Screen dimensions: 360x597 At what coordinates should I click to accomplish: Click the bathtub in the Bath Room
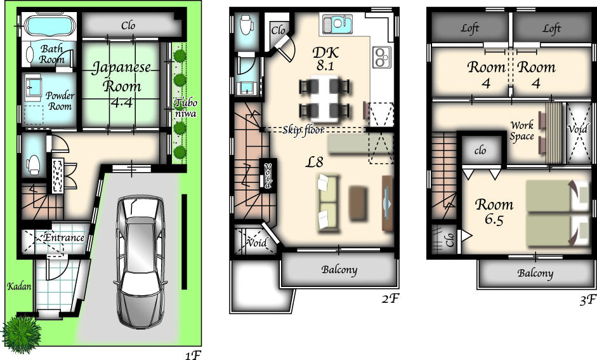click(x=50, y=27)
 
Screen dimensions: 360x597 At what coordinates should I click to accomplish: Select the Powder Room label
click(x=59, y=101)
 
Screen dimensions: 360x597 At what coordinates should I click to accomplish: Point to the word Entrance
click(x=63, y=237)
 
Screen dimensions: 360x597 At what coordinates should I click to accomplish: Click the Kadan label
click(x=19, y=286)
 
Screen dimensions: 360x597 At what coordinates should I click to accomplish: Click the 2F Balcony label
click(x=339, y=270)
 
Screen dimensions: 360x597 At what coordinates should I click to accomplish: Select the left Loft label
click(x=470, y=28)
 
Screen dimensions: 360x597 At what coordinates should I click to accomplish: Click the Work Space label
click(x=522, y=131)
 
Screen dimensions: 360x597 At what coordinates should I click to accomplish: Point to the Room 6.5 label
click(x=494, y=212)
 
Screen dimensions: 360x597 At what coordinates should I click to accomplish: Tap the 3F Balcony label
click(x=535, y=274)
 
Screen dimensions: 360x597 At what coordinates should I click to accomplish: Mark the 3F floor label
click(x=587, y=300)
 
